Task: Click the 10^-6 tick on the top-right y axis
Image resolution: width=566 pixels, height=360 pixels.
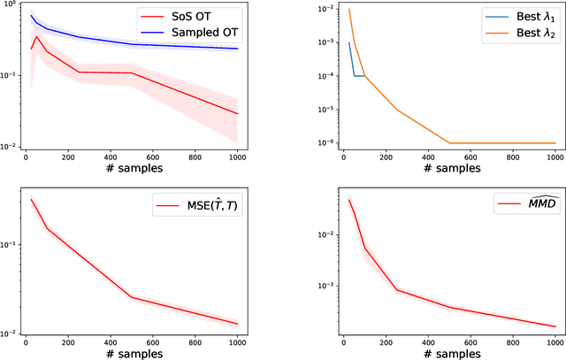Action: pos(320,143)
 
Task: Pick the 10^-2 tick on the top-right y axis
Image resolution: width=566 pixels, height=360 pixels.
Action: pos(320,8)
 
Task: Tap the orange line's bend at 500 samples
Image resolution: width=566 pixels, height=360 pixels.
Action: pos(449,143)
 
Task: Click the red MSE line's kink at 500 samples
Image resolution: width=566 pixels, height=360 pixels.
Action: pos(133,297)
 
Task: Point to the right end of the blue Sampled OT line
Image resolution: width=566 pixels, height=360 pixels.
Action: pos(238,49)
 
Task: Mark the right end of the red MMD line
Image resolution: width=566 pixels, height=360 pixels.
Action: pos(555,326)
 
